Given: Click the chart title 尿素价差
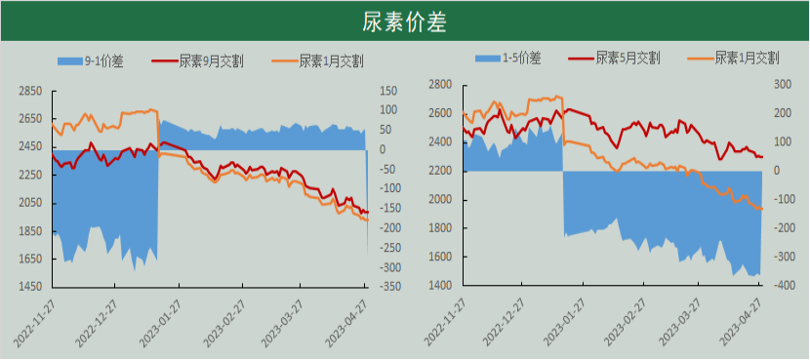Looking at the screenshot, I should (404, 20).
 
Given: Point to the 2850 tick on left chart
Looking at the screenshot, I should (29, 91).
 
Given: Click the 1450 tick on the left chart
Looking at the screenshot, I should (29, 288).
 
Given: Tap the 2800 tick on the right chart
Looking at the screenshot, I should (441, 85).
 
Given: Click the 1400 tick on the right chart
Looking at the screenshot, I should (441, 286).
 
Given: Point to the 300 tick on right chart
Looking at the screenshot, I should (782, 85).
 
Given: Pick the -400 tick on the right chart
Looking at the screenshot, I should (782, 286).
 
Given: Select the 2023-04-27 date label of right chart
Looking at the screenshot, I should (741, 322).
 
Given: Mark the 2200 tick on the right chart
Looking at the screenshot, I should (441, 171).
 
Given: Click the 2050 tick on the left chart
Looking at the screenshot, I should (29, 203).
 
